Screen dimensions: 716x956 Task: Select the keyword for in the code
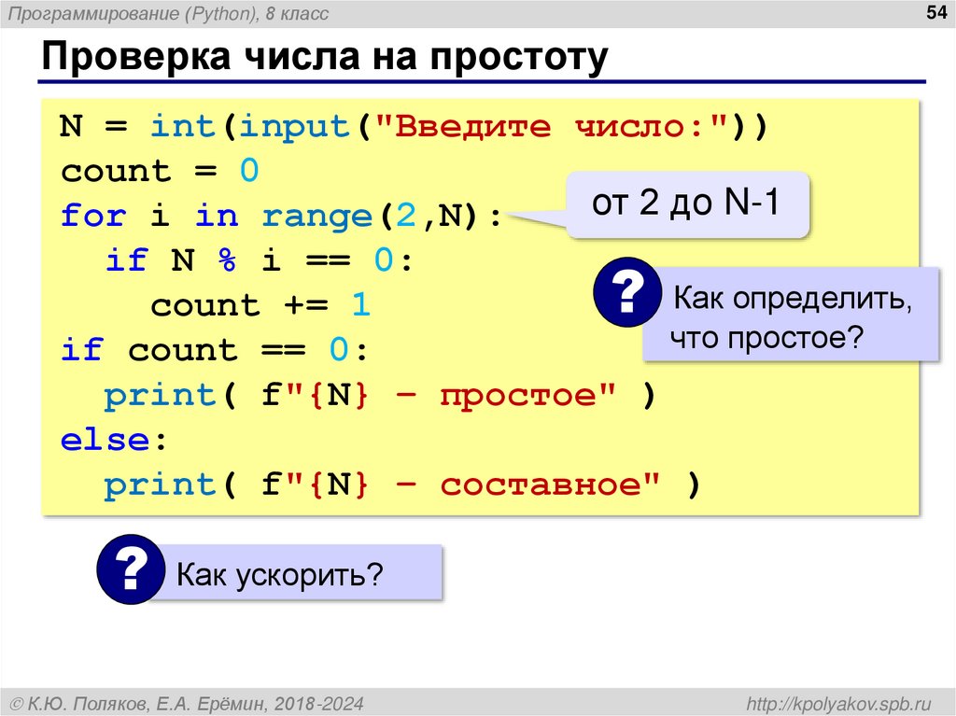tap(92, 217)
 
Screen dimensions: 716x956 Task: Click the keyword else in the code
tap(104, 440)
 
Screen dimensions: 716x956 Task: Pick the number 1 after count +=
tap(360, 305)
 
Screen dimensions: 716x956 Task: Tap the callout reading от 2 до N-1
tap(686, 204)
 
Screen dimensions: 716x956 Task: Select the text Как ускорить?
tap(280, 573)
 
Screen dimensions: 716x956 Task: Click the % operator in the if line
tap(227, 261)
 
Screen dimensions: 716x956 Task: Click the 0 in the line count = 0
tap(248, 172)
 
